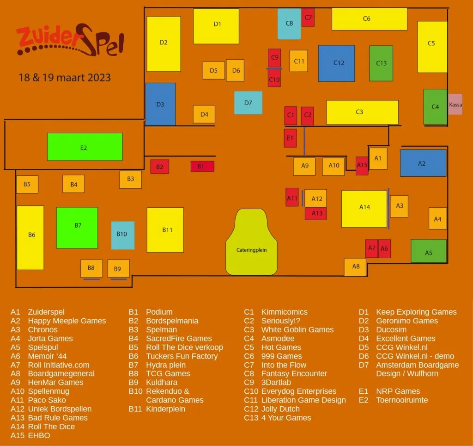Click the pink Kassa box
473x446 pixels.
(455, 104)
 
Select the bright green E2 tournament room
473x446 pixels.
(85, 147)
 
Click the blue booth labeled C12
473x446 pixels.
(336, 63)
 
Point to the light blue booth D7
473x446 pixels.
(248, 103)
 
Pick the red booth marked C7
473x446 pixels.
(308, 18)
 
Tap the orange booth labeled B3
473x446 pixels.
(131, 180)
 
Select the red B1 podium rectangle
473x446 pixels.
(202, 166)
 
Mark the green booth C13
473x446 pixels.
(381, 63)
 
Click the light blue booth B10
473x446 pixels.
(122, 235)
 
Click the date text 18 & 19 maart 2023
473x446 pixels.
(65, 77)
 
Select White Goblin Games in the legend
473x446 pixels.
(297, 330)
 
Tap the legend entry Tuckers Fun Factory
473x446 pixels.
(182, 356)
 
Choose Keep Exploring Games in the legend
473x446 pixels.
(416, 312)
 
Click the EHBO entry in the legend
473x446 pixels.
(39, 435)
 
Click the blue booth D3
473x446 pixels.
(160, 104)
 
